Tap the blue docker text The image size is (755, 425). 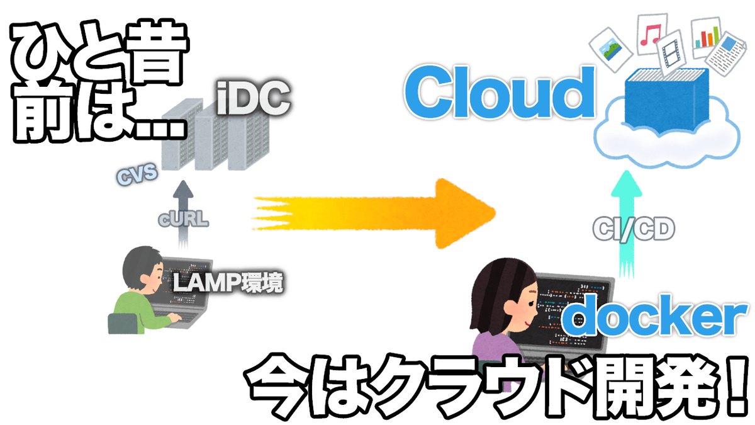[654, 314]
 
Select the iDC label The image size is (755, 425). [254, 98]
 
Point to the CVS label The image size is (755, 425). [137, 174]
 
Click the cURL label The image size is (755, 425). [183, 218]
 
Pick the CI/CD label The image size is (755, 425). [634, 229]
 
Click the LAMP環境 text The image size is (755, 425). [228, 282]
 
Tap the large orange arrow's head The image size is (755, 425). [465, 213]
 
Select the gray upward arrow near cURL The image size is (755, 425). [183, 215]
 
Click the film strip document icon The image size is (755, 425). [671, 53]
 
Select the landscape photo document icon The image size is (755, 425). [611, 49]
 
